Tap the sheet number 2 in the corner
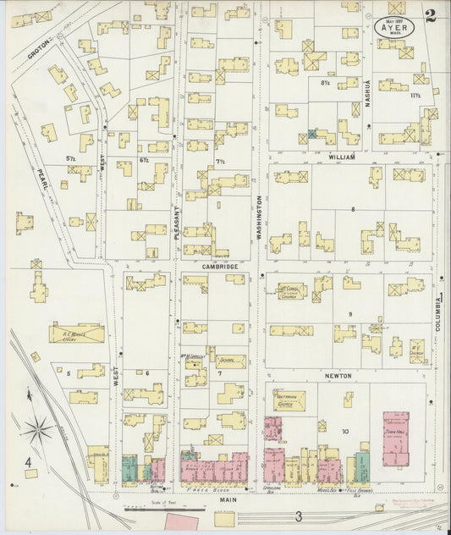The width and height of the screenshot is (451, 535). tap(432, 14)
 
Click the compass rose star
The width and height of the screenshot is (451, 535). tap(38, 431)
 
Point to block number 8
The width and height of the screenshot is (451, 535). tap(343, 208)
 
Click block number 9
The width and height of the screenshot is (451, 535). tap(349, 315)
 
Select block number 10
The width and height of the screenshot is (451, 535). tap(344, 432)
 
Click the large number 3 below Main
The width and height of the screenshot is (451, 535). tap(298, 516)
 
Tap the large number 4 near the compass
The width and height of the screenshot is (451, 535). tap(27, 462)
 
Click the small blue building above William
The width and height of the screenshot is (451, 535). tap(313, 134)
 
